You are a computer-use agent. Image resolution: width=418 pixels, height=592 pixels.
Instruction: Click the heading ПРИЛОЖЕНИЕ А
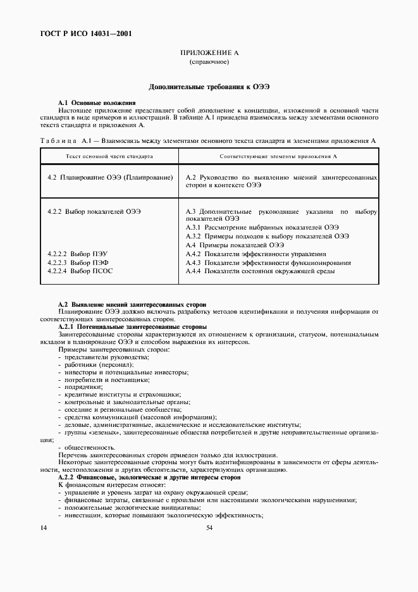coord(209,55)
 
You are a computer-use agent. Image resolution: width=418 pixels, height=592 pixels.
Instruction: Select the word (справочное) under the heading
coord(209,63)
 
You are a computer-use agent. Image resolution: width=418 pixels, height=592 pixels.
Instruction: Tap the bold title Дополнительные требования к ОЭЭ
coord(209,86)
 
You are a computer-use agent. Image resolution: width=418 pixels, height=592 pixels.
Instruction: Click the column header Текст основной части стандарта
coord(109,156)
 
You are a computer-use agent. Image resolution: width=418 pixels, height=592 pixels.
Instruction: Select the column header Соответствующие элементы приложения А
coord(278,156)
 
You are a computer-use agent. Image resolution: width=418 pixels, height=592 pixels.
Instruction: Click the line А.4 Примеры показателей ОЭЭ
coord(235,245)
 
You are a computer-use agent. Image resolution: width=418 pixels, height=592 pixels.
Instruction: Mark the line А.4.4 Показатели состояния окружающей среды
coord(260,271)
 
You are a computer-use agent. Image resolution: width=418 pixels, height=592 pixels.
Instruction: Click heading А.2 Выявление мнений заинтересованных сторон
coord(132,304)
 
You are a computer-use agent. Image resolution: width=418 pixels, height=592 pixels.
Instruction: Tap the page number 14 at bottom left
coord(43,527)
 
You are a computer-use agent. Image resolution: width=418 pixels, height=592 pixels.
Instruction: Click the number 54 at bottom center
coord(209,527)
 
